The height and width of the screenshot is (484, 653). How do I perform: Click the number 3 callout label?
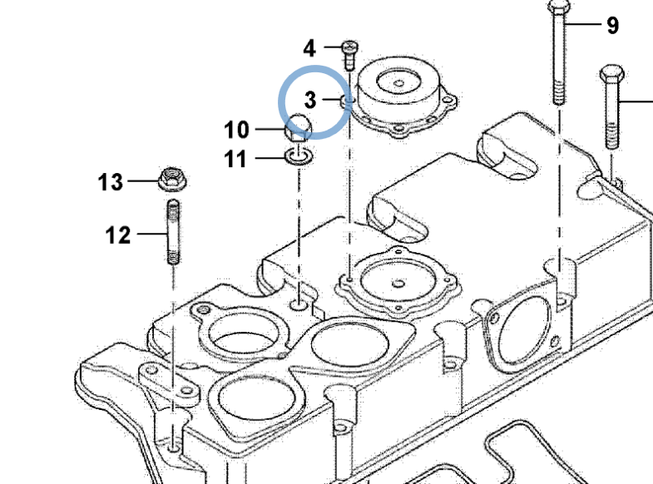pyautogui.click(x=310, y=101)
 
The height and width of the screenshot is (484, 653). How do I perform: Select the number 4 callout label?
pyautogui.click(x=309, y=47)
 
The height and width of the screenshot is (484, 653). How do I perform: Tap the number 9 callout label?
pyautogui.click(x=612, y=26)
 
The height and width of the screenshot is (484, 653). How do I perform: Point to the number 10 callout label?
pyautogui.click(x=236, y=130)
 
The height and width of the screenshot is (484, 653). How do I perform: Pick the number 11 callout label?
pyautogui.click(x=236, y=158)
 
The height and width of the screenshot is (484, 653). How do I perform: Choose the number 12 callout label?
pyautogui.click(x=118, y=235)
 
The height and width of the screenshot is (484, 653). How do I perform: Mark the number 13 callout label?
pyautogui.click(x=111, y=182)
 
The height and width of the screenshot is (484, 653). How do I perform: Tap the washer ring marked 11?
pyautogui.click(x=299, y=155)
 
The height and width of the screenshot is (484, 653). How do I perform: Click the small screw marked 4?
pyautogui.click(x=351, y=53)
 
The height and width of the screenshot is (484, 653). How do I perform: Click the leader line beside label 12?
pyautogui.click(x=151, y=235)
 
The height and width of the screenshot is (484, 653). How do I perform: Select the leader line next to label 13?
pyautogui.click(x=141, y=181)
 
